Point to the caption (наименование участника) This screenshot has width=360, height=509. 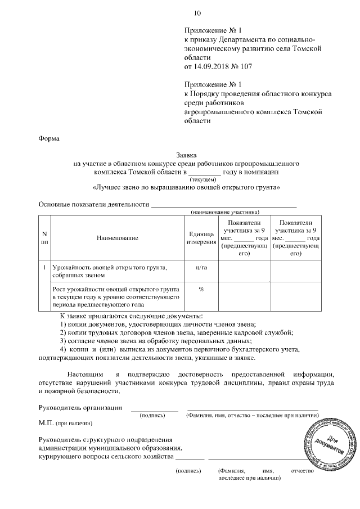[x=225, y=213]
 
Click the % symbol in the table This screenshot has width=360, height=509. [x=201, y=289]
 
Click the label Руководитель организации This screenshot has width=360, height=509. [x=80, y=407]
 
